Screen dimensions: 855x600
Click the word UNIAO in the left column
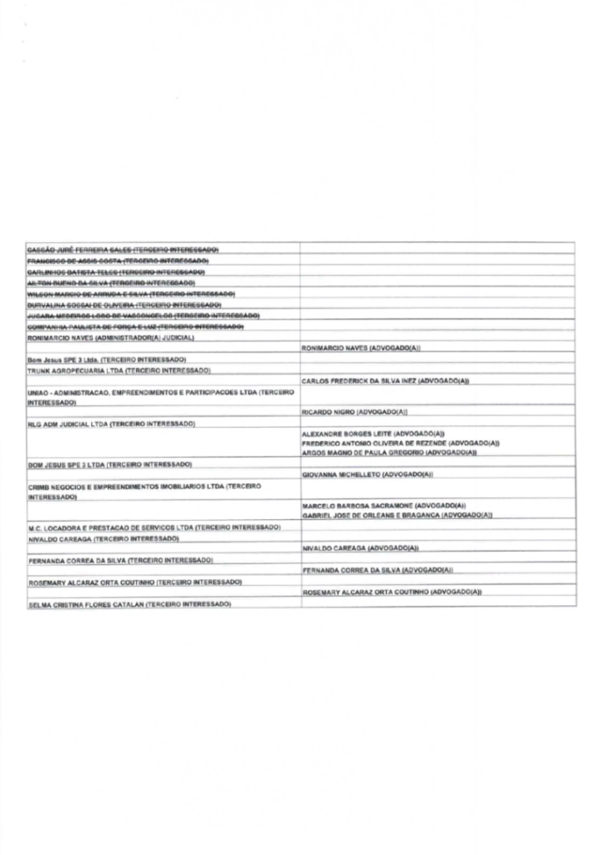tap(38, 392)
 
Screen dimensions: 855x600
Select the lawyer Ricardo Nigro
tap(325, 412)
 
